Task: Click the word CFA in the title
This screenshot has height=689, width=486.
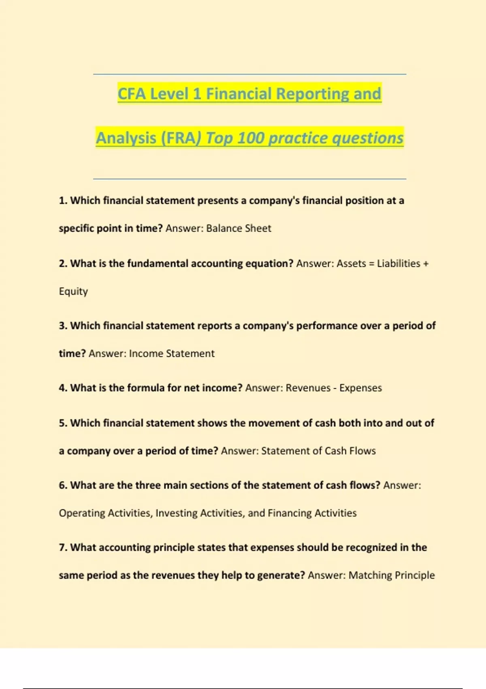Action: [132, 94]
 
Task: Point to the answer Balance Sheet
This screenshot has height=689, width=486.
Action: [239, 229]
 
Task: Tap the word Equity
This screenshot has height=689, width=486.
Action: [73, 291]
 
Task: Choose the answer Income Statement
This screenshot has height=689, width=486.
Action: [172, 353]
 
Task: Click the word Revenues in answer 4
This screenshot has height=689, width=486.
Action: [308, 388]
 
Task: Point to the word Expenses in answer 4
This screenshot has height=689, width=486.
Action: [360, 388]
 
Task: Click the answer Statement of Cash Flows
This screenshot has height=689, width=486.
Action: [318, 451]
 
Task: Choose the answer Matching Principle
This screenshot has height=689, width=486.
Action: [392, 576]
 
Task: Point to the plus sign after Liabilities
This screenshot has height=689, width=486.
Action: [426, 264]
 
